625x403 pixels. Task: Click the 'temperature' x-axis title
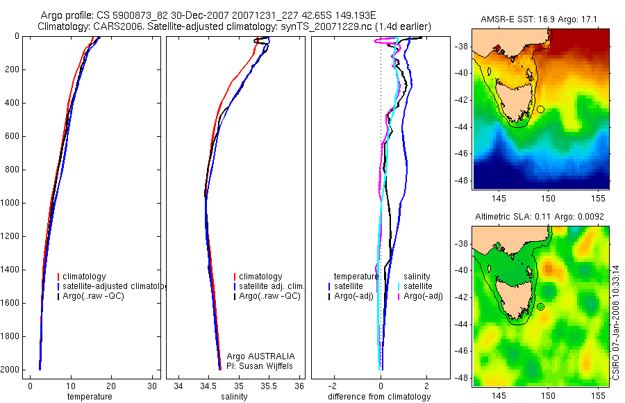(x=90, y=397)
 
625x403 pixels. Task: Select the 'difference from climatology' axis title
(x=379, y=397)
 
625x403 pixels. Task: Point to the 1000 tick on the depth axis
(x=11, y=203)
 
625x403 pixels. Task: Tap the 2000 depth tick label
(x=11, y=370)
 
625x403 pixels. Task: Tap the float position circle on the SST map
(x=540, y=109)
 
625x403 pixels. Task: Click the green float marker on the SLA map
(x=540, y=306)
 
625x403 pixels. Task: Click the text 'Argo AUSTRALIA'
(x=256, y=356)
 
